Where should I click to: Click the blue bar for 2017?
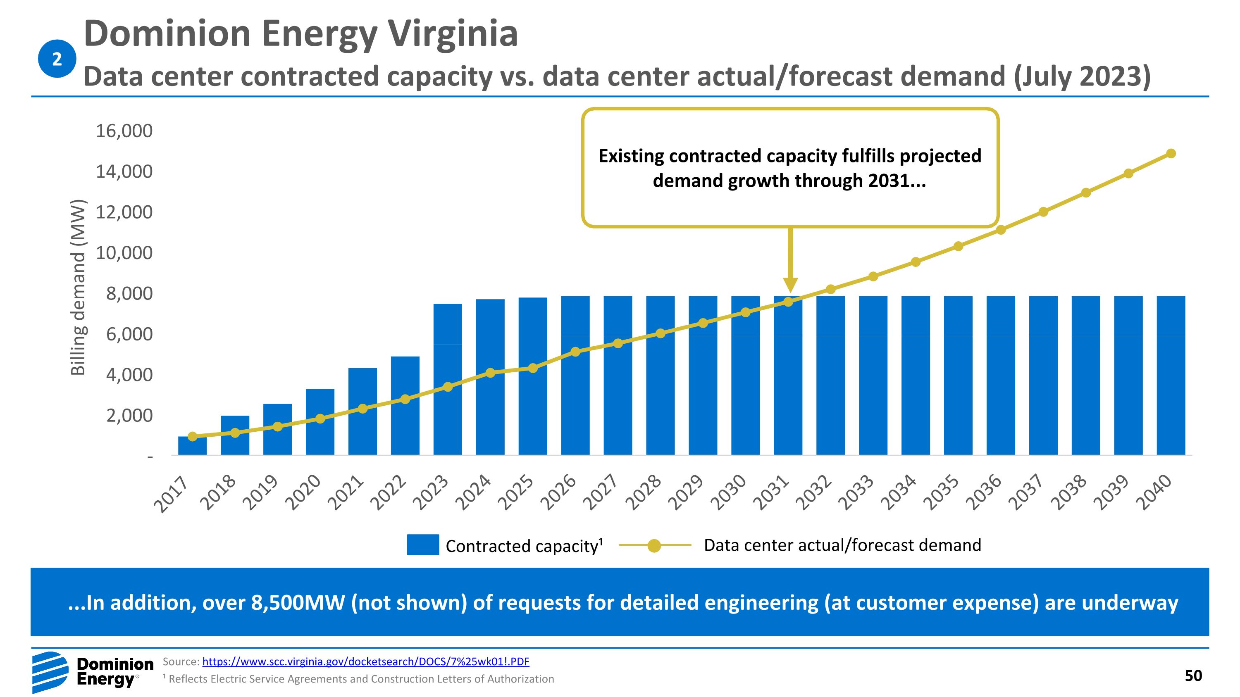pyautogui.click(x=192, y=446)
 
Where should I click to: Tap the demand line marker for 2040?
pyautogui.click(x=1171, y=153)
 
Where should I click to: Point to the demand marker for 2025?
pyautogui.click(x=533, y=368)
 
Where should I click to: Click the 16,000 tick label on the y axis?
pyautogui.click(x=124, y=131)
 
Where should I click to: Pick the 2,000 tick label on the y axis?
pyautogui.click(x=129, y=416)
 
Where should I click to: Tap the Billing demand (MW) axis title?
pyautogui.click(x=78, y=287)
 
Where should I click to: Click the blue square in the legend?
pyautogui.click(x=423, y=545)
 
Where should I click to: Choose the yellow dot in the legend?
pyautogui.click(x=654, y=545)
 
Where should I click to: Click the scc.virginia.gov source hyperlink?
pyautogui.click(x=365, y=661)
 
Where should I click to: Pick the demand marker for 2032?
pyautogui.click(x=830, y=289)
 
